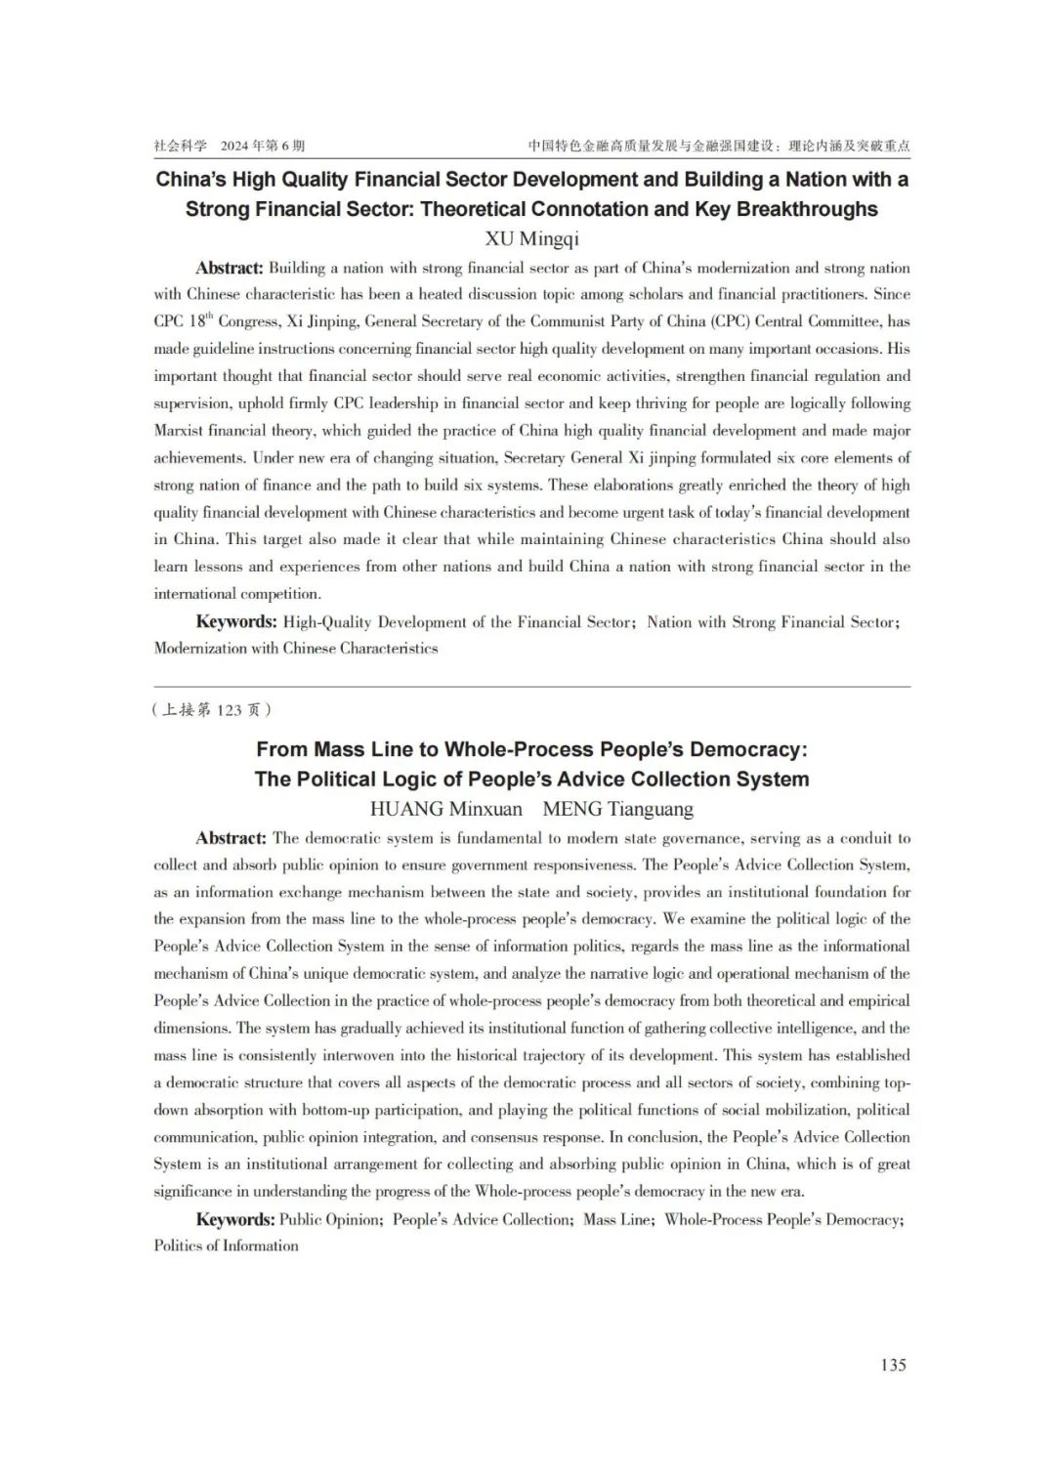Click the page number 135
tap(893, 1365)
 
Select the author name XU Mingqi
tap(531, 238)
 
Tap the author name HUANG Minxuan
tap(445, 809)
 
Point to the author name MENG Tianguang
tap(617, 809)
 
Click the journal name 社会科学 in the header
tap(180, 146)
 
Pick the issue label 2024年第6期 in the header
tap(263, 146)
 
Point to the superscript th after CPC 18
tap(208, 317)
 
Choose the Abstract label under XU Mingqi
tap(230, 269)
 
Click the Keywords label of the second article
tap(235, 1219)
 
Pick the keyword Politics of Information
tap(226, 1246)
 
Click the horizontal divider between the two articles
tap(531, 687)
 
